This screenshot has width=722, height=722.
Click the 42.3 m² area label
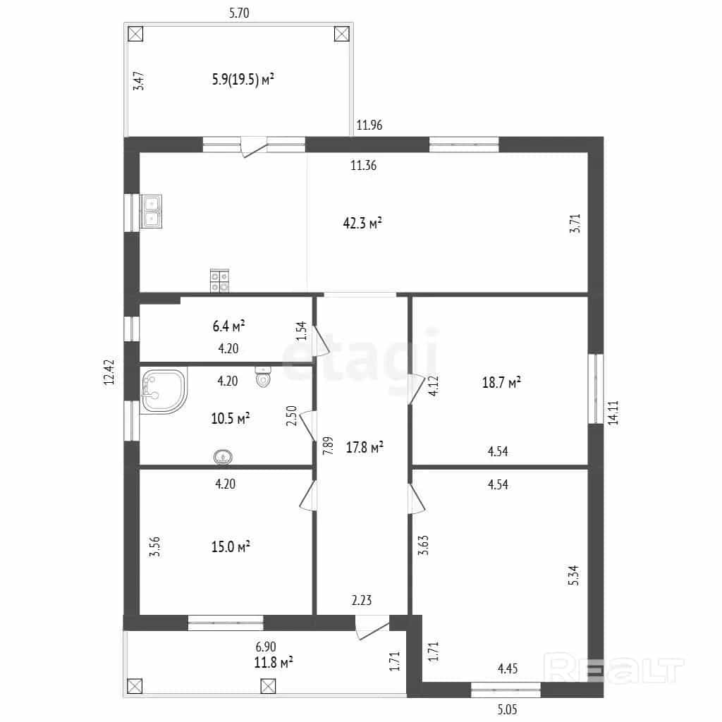pos(362,224)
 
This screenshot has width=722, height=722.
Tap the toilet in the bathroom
pos(262,377)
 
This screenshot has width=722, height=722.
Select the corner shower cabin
pos(164,391)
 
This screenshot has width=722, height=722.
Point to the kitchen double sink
pos(152,212)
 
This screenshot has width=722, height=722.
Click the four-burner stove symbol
pos(220,281)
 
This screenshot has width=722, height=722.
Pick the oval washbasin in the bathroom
pos(224,457)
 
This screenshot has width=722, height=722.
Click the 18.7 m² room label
pos(501,382)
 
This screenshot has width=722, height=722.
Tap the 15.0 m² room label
pos(231,546)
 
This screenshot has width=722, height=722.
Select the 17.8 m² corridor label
pos(365,447)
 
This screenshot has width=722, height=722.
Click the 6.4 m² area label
pos(228,326)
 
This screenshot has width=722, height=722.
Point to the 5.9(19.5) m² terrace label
pos(243,79)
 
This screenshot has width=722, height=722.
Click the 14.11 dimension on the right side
pos(613,412)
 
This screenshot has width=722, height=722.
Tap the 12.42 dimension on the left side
pos(109,372)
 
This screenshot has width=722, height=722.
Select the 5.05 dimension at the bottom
pos(507,709)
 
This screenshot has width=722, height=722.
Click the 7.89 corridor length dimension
pos(328,446)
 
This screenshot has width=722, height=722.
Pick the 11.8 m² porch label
pos(274,663)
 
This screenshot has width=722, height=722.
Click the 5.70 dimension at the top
pos(239,13)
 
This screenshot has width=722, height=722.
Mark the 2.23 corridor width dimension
pos(362,600)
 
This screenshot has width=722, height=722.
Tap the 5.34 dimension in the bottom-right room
pos(573,575)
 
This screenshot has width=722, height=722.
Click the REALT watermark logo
pos(614,668)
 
